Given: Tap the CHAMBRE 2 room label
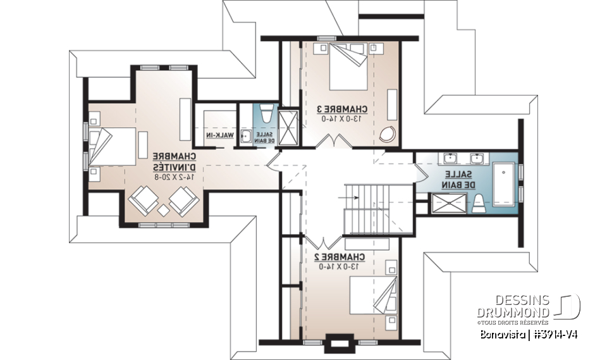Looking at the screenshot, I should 340,258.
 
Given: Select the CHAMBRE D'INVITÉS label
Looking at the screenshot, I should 173,162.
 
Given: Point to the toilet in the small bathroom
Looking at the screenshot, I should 266,115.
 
